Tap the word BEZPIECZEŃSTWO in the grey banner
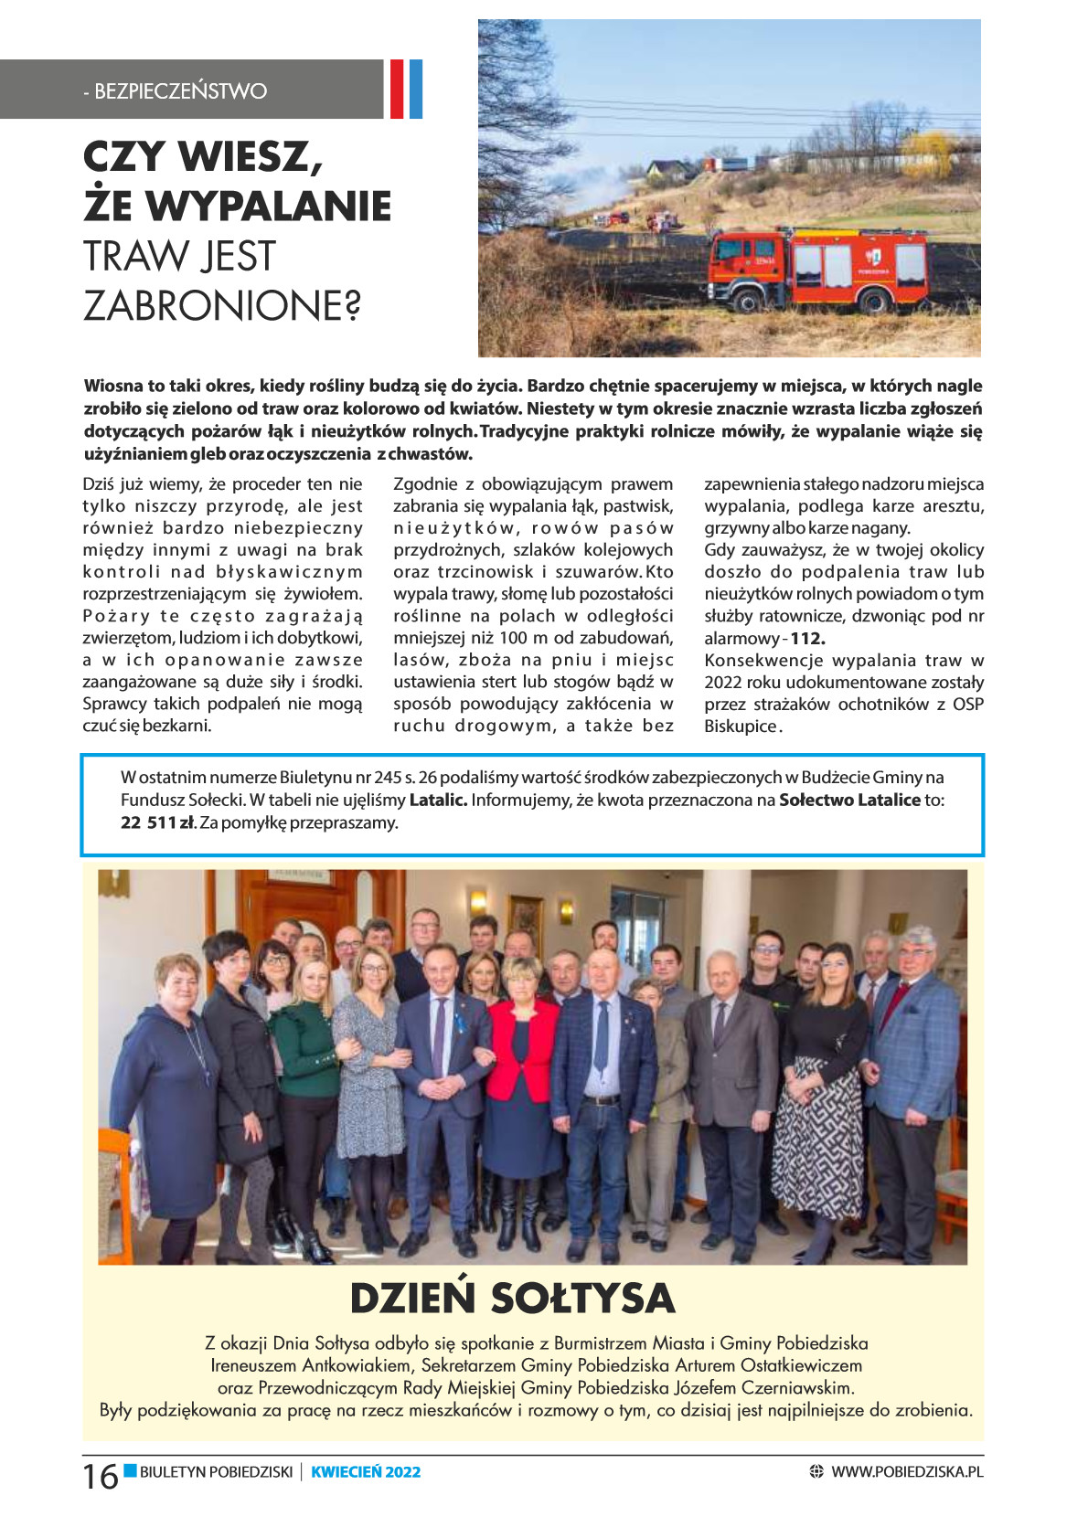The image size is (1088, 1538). click(181, 90)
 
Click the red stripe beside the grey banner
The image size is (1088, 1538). click(397, 89)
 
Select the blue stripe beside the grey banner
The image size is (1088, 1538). click(416, 89)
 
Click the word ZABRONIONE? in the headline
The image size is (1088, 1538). click(222, 305)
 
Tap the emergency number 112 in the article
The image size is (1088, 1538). click(807, 638)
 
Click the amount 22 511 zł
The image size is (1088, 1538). click(156, 822)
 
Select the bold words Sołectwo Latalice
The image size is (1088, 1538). click(849, 800)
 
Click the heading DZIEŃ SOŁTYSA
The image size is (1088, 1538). click(512, 1298)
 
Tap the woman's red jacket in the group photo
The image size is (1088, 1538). click(523, 1050)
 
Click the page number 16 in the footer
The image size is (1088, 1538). click(100, 1476)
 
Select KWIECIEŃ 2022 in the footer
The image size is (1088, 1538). click(366, 1471)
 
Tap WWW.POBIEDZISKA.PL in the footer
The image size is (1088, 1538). click(907, 1471)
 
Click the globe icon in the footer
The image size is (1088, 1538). click(816, 1471)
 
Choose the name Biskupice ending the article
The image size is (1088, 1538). click(741, 727)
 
